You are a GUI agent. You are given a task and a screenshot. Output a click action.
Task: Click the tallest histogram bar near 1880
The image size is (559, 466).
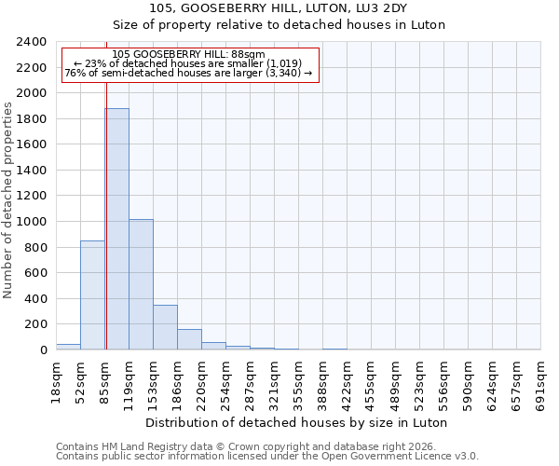[116, 228]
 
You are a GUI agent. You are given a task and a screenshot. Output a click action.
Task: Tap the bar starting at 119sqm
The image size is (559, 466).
[141, 284]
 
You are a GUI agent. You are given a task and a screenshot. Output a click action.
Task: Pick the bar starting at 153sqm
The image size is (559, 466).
[165, 327]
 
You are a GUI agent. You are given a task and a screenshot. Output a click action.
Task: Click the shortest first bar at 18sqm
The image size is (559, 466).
[68, 347]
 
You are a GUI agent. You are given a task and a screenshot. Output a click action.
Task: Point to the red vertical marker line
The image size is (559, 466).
[106, 205]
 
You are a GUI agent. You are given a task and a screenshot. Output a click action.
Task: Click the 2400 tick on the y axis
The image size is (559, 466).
[33, 42]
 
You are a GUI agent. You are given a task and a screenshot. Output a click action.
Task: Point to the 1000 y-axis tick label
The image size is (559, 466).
[33, 222]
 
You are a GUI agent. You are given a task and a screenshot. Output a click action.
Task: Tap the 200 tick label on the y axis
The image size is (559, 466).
[36, 324]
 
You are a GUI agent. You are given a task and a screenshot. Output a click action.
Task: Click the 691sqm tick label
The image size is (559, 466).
[540, 381]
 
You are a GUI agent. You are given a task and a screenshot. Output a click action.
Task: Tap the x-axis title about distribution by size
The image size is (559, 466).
[298, 422]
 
